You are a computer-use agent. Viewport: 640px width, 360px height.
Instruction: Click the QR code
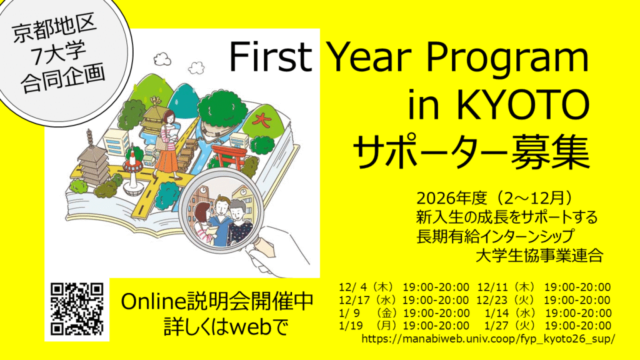[77, 309]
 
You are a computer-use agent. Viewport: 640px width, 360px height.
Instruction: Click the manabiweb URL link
[487, 339]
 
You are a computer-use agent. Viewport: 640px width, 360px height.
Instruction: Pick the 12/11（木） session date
[507, 287]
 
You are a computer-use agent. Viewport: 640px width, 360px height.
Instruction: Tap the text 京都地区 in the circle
[55, 28]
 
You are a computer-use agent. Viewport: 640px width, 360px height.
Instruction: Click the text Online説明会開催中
[217, 302]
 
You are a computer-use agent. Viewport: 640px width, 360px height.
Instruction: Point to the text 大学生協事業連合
[539, 256]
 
